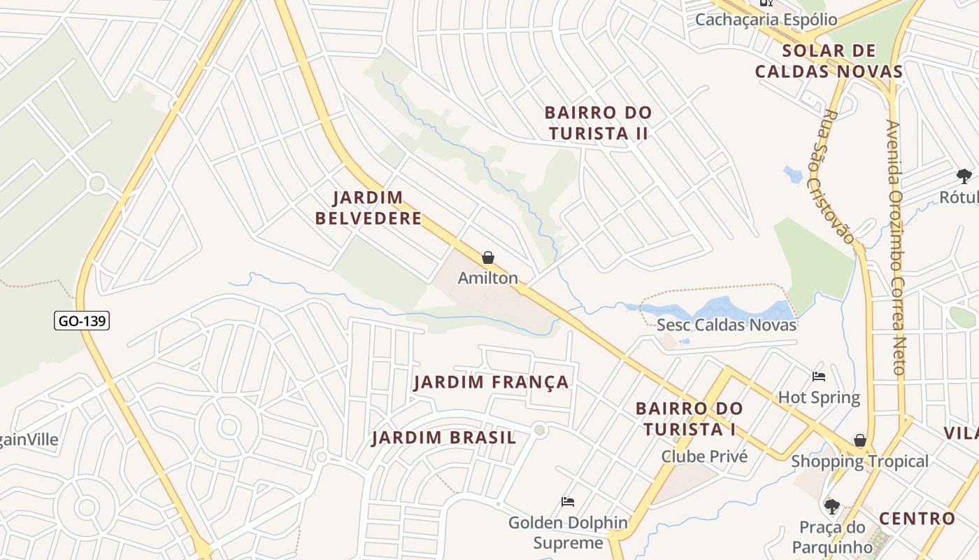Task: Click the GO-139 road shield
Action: click(x=83, y=321)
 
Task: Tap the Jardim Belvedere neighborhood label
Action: click(x=369, y=208)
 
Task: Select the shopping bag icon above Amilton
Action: click(x=488, y=258)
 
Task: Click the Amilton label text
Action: click(x=488, y=278)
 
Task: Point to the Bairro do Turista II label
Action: click(x=598, y=122)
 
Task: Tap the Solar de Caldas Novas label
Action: click(x=829, y=61)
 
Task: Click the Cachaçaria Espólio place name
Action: click(x=766, y=19)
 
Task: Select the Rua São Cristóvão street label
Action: click(x=838, y=176)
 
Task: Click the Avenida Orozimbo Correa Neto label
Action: click(x=896, y=247)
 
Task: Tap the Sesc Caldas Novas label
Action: click(x=727, y=325)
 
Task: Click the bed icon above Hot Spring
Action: click(x=819, y=377)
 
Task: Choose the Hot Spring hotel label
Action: click(x=819, y=398)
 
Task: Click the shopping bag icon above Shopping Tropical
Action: click(x=860, y=440)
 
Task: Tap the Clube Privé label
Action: click(x=704, y=456)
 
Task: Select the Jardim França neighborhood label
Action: click(x=492, y=382)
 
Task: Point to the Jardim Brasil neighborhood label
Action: click(x=444, y=438)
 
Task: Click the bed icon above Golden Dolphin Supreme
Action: click(x=568, y=502)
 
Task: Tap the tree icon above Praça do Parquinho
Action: click(x=831, y=506)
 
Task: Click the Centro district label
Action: click(x=917, y=519)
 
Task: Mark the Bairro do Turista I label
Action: click(x=689, y=419)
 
